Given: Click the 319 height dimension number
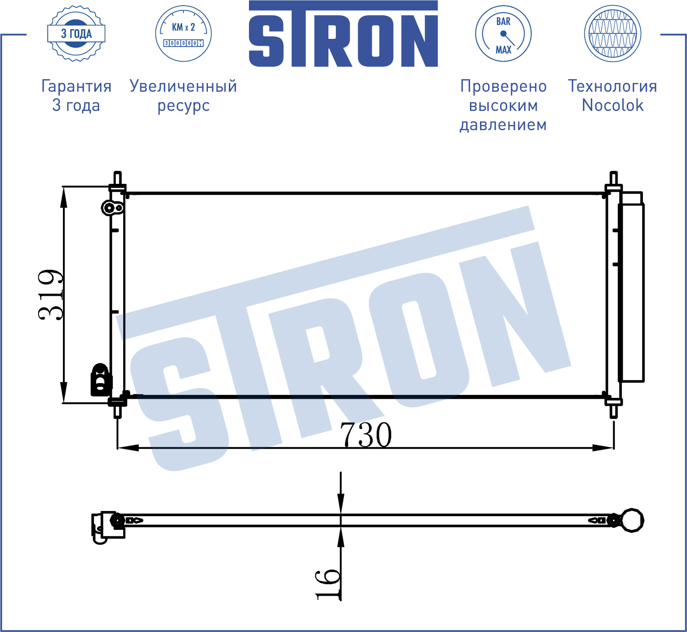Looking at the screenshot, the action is click(x=51, y=295).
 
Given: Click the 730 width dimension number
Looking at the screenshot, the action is click(x=366, y=435).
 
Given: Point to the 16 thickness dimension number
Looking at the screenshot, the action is click(x=327, y=584).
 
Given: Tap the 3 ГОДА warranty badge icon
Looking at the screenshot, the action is click(x=76, y=34).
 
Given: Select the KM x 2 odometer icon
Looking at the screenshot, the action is click(x=183, y=34).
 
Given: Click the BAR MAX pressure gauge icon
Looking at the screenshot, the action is click(x=503, y=34).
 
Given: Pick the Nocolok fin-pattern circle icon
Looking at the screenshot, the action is click(x=613, y=34).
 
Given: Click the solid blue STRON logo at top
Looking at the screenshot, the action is click(x=343, y=34).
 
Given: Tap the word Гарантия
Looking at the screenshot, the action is click(x=76, y=86).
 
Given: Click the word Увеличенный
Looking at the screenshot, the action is click(x=183, y=86).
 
